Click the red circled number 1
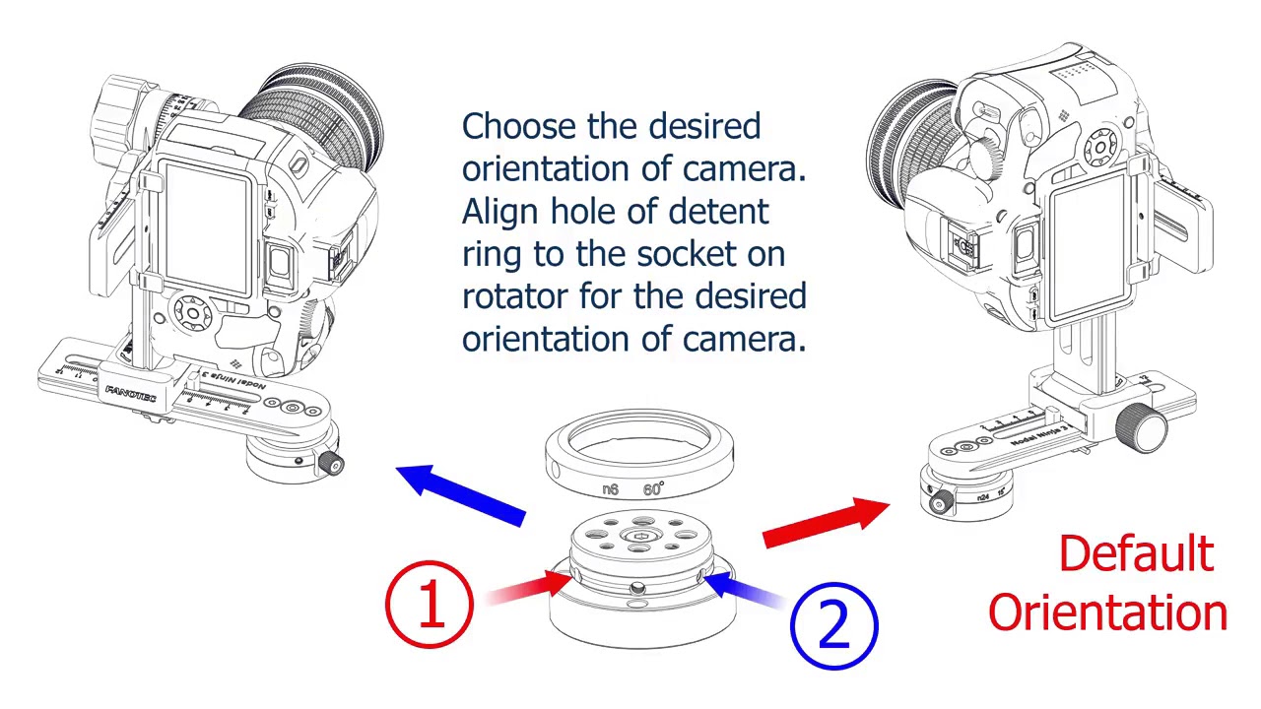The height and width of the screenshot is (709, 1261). (x=430, y=603)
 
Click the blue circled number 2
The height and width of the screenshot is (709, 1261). (x=833, y=624)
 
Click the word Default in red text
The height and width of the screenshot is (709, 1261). (x=1136, y=554)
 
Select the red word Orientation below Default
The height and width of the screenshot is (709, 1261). (x=1107, y=612)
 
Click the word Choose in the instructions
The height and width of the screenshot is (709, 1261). (x=519, y=127)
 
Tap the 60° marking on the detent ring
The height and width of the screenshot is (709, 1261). (x=653, y=489)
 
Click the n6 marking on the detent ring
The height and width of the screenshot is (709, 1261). (x=610, y=489)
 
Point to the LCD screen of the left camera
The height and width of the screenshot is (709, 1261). (x=209, y=228)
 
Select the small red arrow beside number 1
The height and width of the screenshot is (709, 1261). (x=527, y=587)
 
